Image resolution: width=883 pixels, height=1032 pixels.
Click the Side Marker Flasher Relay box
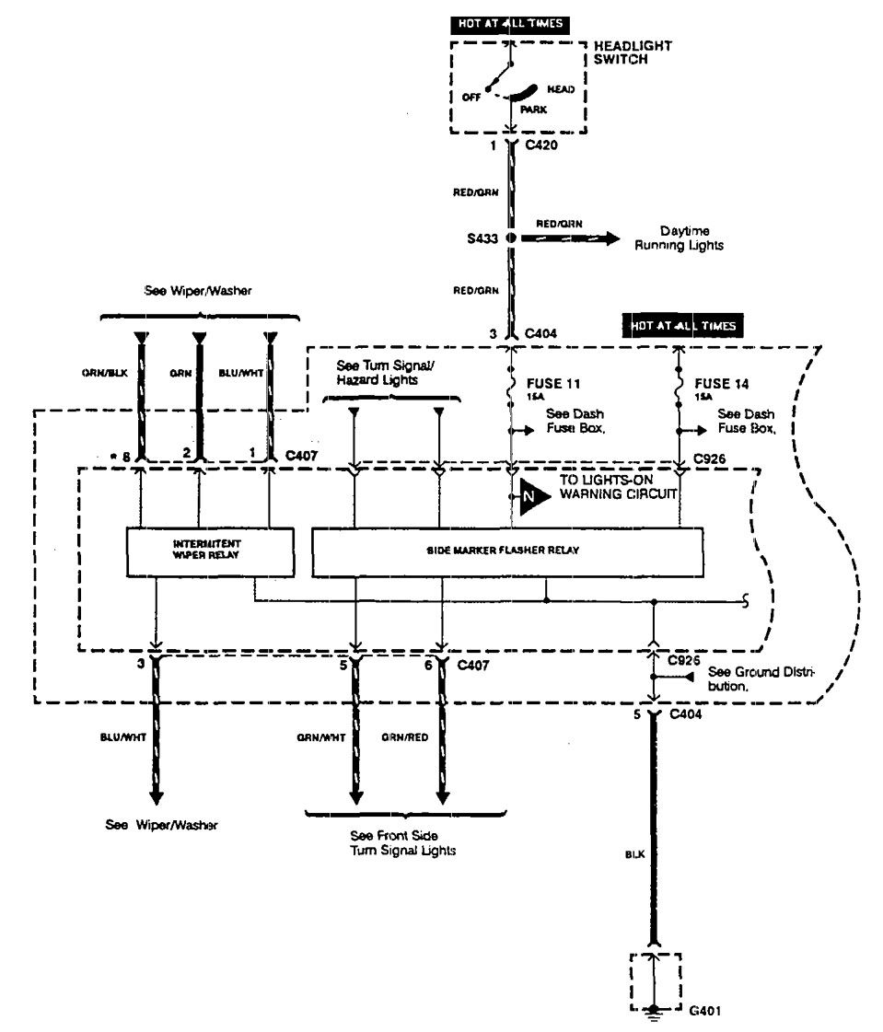coord(509,551)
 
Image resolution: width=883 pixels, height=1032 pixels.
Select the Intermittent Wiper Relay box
coord(210,551)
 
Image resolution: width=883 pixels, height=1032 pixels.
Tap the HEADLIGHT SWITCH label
coord(633,52)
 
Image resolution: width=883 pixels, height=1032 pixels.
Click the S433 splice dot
coord(510,238)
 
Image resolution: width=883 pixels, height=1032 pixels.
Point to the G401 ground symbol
coord(656,1011)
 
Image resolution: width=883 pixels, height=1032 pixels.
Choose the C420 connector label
coord(541,145)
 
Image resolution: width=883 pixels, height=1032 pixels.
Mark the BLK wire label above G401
coord(633,853)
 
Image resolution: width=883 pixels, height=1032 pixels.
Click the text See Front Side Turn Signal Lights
coord(404,843)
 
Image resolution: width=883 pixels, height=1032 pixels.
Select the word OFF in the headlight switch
coord(471,96)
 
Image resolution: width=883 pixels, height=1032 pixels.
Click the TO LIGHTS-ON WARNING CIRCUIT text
coord(619,486)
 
